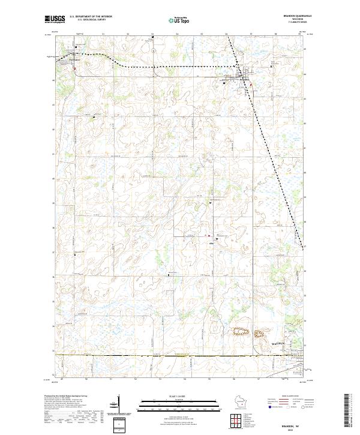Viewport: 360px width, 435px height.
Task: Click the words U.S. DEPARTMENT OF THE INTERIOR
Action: point(91,16)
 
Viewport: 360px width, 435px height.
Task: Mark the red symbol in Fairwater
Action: point(74,67)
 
